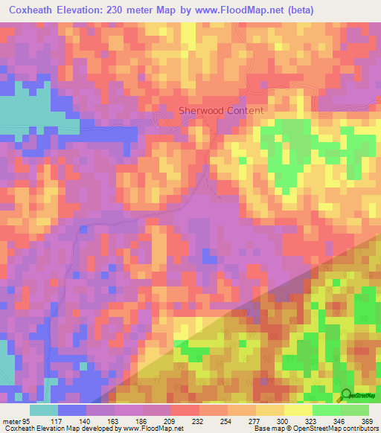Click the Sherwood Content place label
coord(221,111)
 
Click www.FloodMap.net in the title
coord(228,10)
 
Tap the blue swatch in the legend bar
coord(71,410)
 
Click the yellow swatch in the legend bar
coord(297,410)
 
